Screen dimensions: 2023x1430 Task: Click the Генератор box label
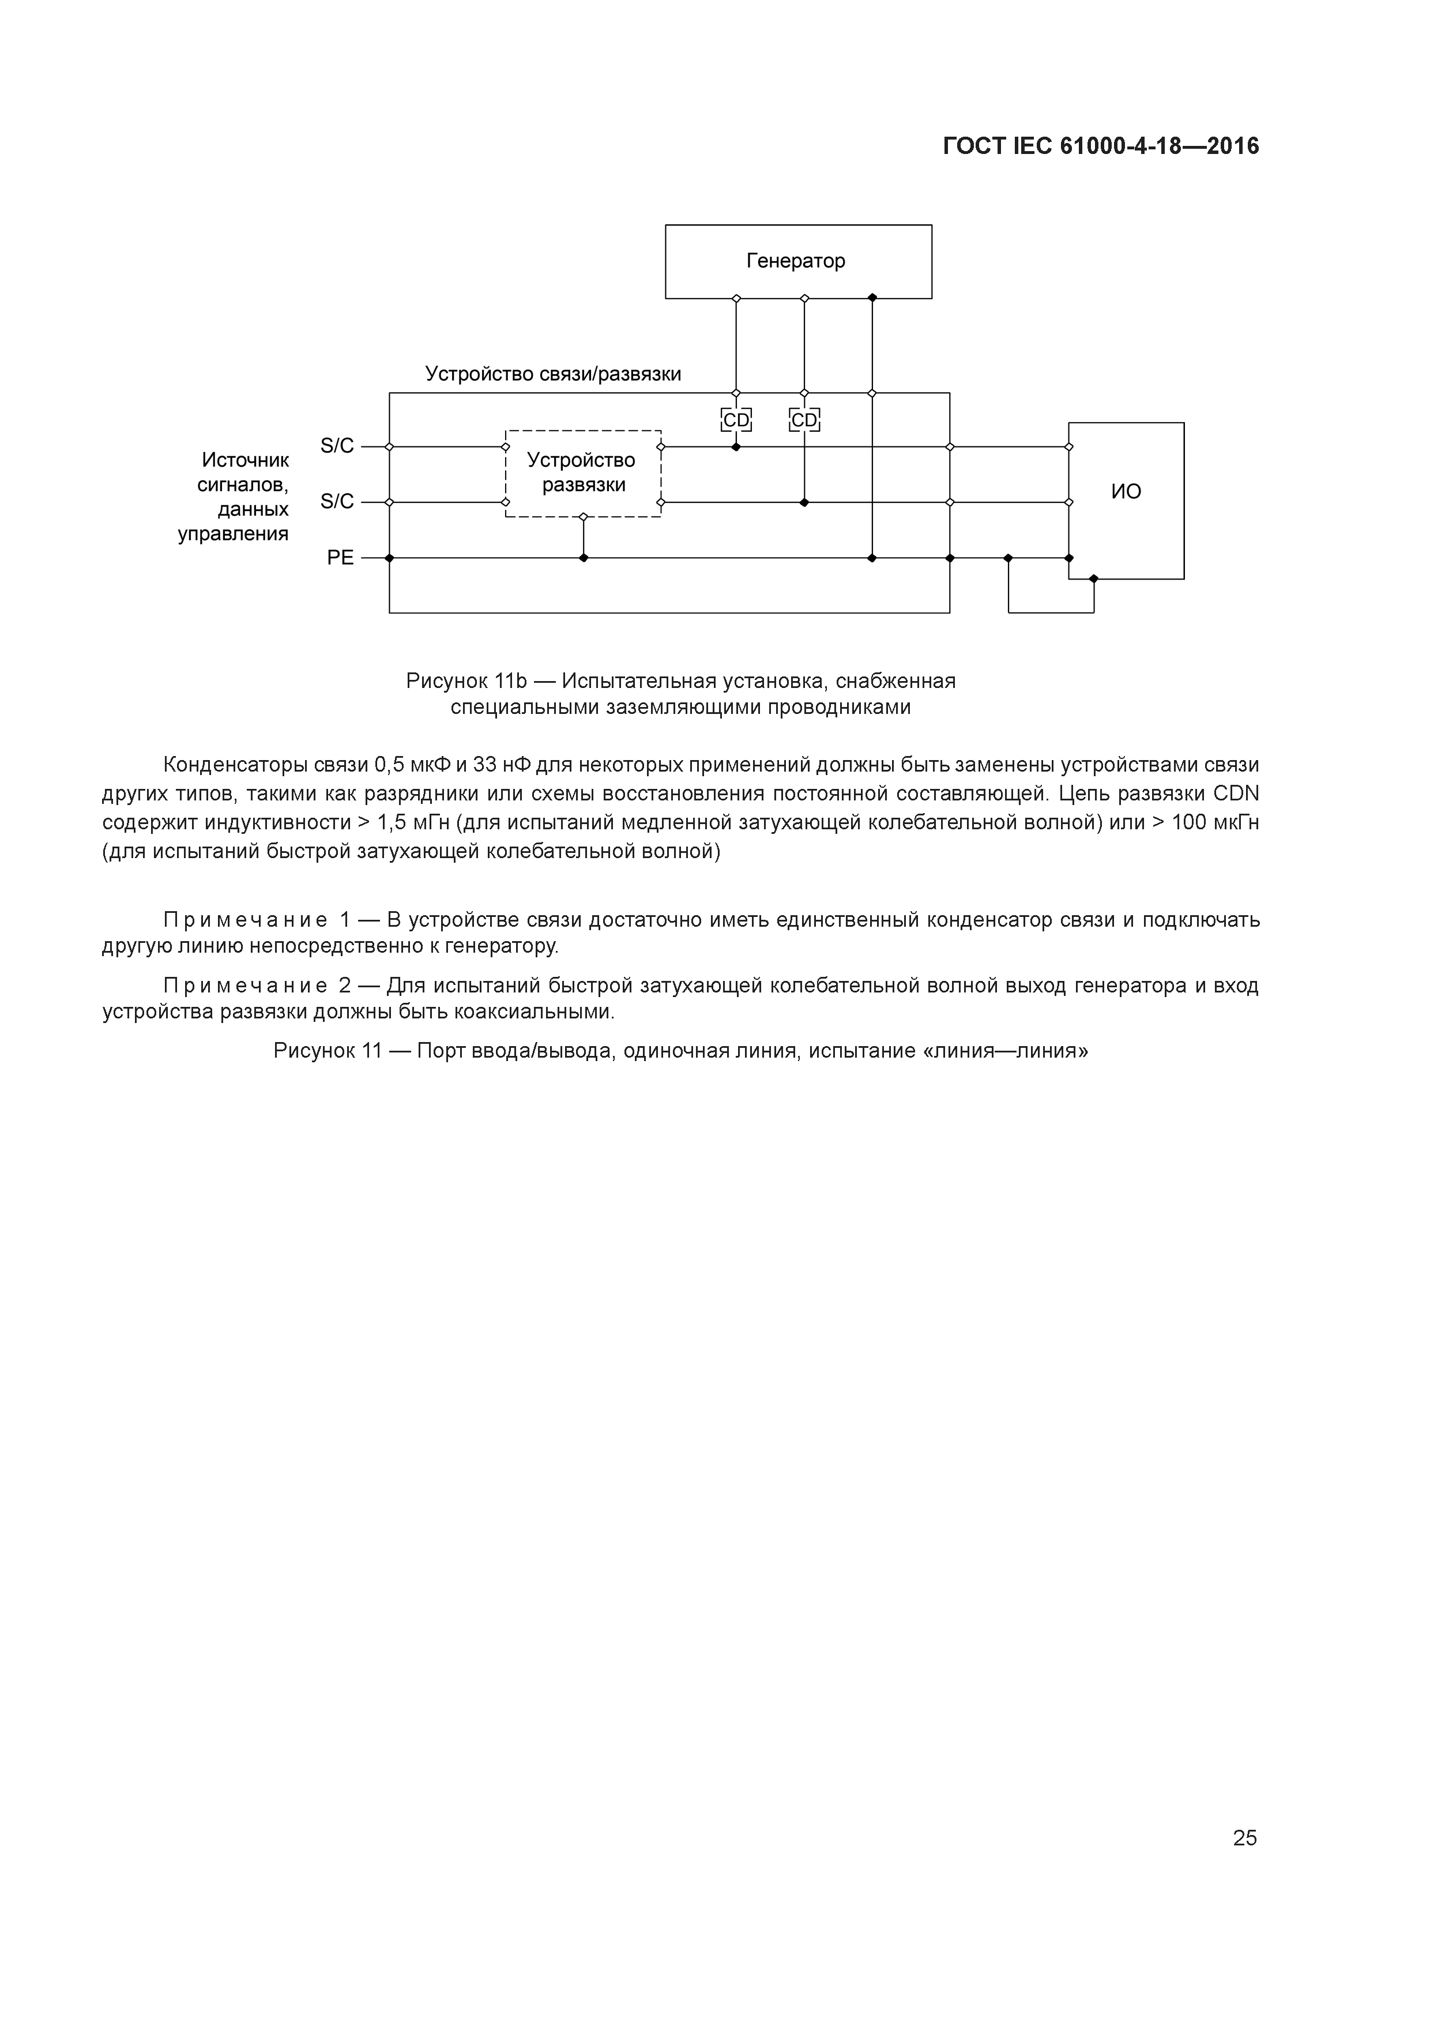coord(796,261)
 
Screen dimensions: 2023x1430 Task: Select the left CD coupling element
coord(736,420)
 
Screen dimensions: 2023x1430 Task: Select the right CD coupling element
coord(804,420)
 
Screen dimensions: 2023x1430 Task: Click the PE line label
coord(340,558)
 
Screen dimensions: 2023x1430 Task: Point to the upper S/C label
coord(337,446)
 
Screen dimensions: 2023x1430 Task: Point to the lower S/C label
coord(337,501)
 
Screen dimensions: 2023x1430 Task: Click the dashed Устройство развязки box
coord(582,473)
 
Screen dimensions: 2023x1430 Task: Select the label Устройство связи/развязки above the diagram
coord(554,374)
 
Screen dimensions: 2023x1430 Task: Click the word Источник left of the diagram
coord(245,460)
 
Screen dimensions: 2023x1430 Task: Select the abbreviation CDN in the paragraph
coord(1236,794)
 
